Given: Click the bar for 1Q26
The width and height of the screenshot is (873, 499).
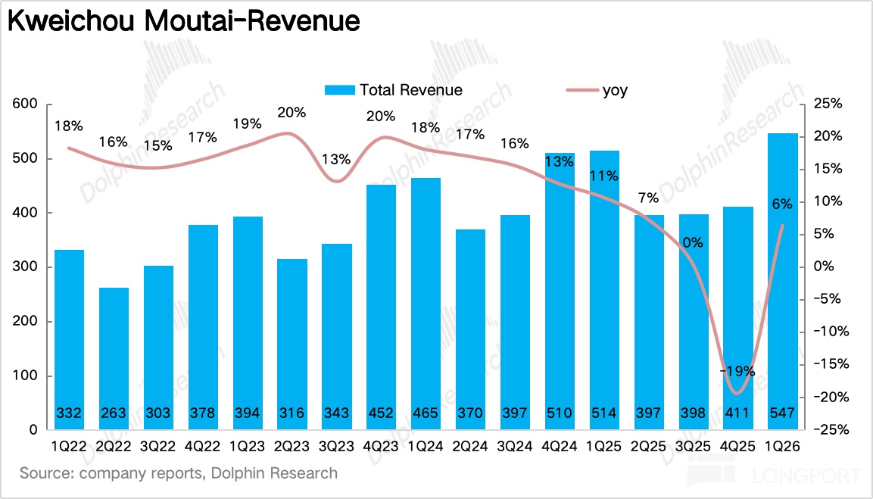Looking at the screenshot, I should pos(783,280).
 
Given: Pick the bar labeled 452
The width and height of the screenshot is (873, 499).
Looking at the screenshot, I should pos(381,307).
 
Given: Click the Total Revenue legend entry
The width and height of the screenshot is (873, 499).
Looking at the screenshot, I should pos(394,90).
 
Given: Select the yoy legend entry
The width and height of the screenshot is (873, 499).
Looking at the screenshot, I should pos(598,90).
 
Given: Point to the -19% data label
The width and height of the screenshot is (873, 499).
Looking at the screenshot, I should pos(737,372).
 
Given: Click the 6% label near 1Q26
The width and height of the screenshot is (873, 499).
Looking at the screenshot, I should pos(782,203).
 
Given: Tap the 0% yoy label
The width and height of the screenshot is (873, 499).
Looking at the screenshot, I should pos(693,243).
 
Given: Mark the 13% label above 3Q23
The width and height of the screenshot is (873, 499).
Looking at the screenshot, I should pos(336,160).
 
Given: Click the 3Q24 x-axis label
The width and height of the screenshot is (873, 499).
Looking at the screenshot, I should pos(515,448).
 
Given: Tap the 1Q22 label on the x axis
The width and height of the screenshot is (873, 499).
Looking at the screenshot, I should pos(70,448).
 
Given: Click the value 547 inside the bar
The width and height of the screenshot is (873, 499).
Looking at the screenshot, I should pos(783,413).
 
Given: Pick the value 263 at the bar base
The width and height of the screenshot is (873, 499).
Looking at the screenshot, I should pos(114,413).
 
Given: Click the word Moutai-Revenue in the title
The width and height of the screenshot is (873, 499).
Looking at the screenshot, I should pos(251,22).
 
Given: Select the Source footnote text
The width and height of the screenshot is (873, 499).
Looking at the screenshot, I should pos(179,474).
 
